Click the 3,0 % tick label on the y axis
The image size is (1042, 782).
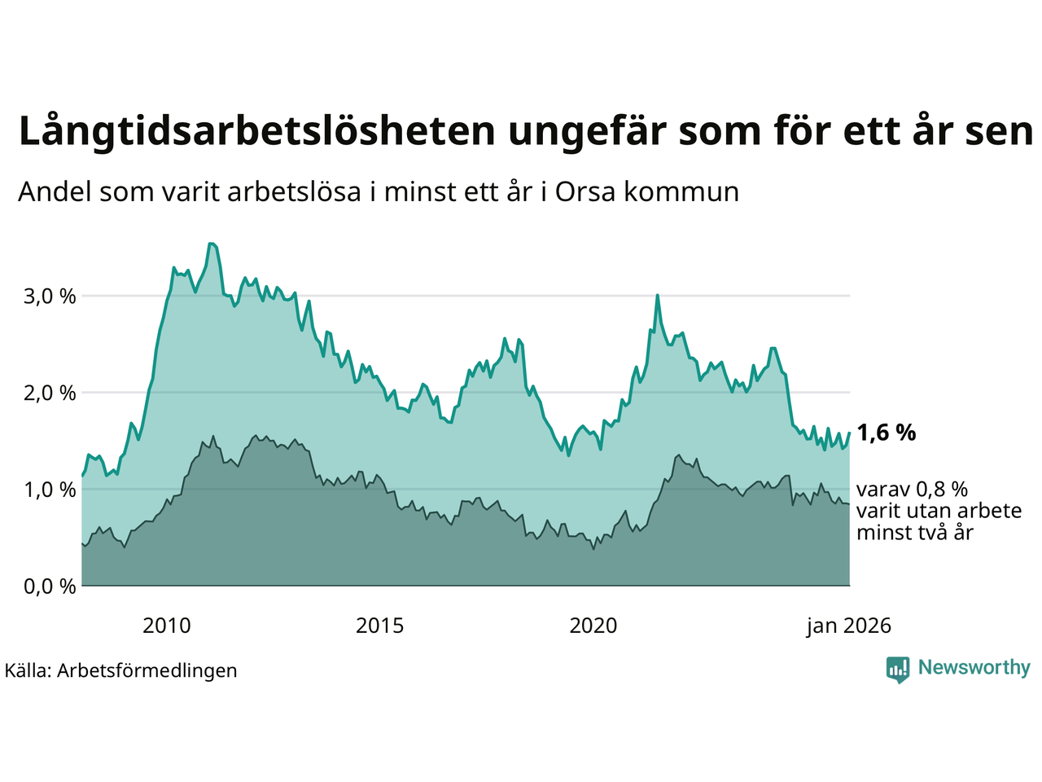click(50, 297)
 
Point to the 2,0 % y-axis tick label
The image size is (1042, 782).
click(50, 393)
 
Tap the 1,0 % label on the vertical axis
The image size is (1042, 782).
click(50, 490)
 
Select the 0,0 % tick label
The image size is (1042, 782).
click(50, 586)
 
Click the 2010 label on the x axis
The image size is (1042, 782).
click(166, 626)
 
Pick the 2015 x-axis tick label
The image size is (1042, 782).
click(379, 626)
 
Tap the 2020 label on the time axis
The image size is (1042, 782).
click(593, 626)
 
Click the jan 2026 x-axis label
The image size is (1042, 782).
click(848, 626)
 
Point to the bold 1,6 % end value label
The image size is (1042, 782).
click(886, 433)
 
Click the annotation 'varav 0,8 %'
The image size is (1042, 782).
click(912, 490)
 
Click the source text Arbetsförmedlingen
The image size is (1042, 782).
click(147, 670)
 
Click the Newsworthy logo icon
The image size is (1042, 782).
click(898, 670)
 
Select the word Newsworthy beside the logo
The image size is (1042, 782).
click(974, 668)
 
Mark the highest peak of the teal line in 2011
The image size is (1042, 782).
click(211, 244)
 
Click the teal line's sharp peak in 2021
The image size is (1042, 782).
click(657, 296)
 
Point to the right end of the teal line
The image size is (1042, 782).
click(849, 433)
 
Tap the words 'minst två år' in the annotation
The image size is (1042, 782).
click(914, 534)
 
